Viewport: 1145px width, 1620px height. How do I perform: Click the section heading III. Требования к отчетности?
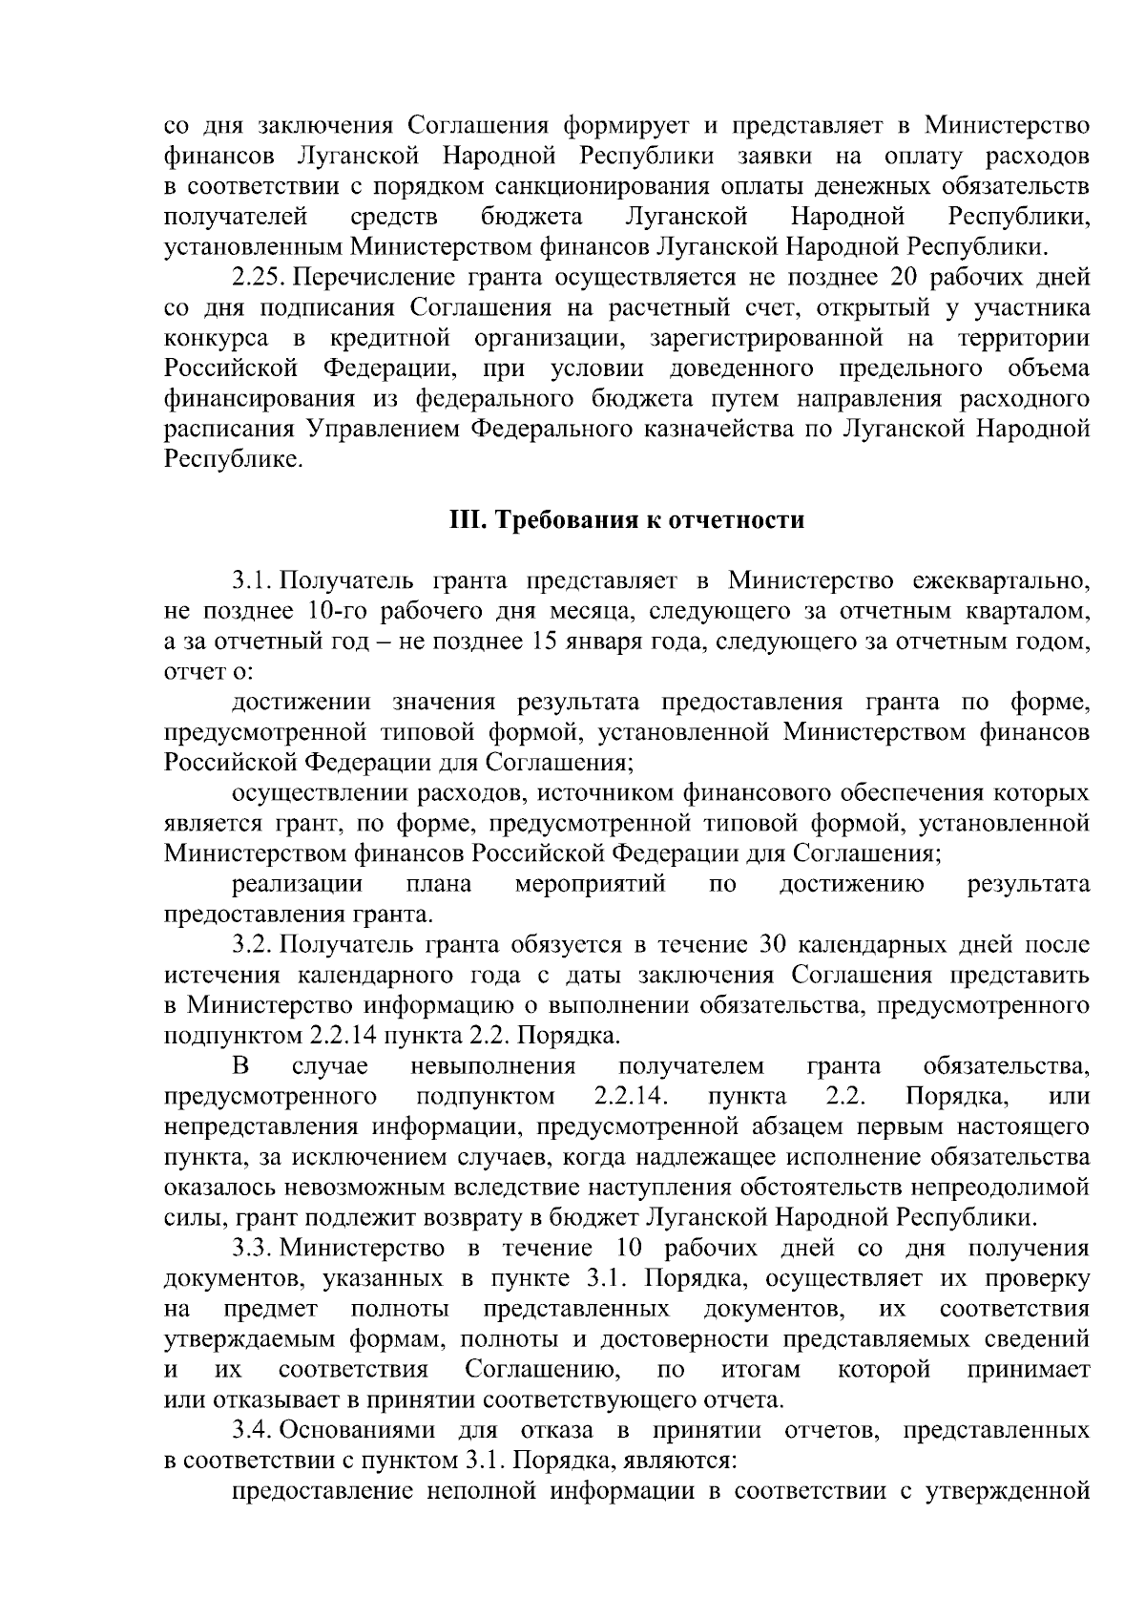pyautogui.click(x=627, y=520)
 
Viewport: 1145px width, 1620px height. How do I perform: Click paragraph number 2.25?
pyautogui.click(x=259, y=278)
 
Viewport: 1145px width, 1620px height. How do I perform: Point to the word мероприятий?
pyautogui.click(x=590, y=884)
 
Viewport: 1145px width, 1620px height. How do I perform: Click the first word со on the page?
pyautogui.click(x=177, y=126)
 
